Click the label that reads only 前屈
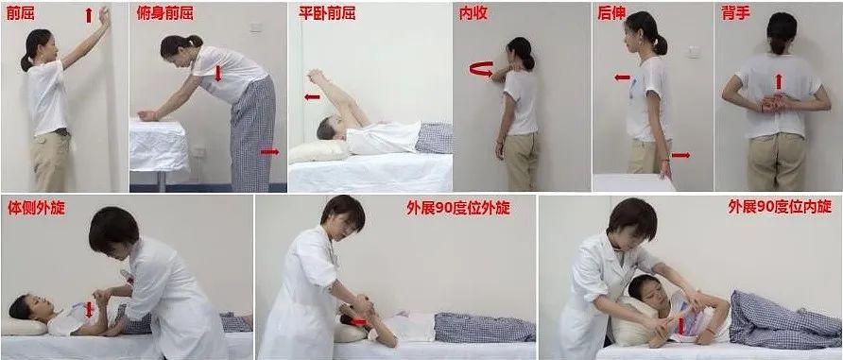tap(19, 13)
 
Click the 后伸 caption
tap(611, 13)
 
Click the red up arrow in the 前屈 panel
tap(89, 14)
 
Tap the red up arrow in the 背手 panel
tap(778, 81)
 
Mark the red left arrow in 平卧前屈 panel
tap(311, 96)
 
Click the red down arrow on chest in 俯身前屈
tap(217, 74)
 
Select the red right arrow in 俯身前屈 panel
tap(269, 150)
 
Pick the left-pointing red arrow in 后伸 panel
tap(622, 78)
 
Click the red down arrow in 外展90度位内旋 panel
tap(680, 326)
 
